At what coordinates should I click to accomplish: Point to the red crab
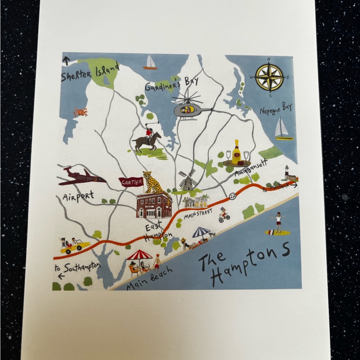click(80, 112)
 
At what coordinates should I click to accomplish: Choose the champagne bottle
click(237, 153)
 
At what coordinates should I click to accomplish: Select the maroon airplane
click(82, 177)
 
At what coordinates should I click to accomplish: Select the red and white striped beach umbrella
click(140, 255)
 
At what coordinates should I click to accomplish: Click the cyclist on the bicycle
click(224, 215)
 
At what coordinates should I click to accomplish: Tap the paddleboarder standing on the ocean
click(278, 224)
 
